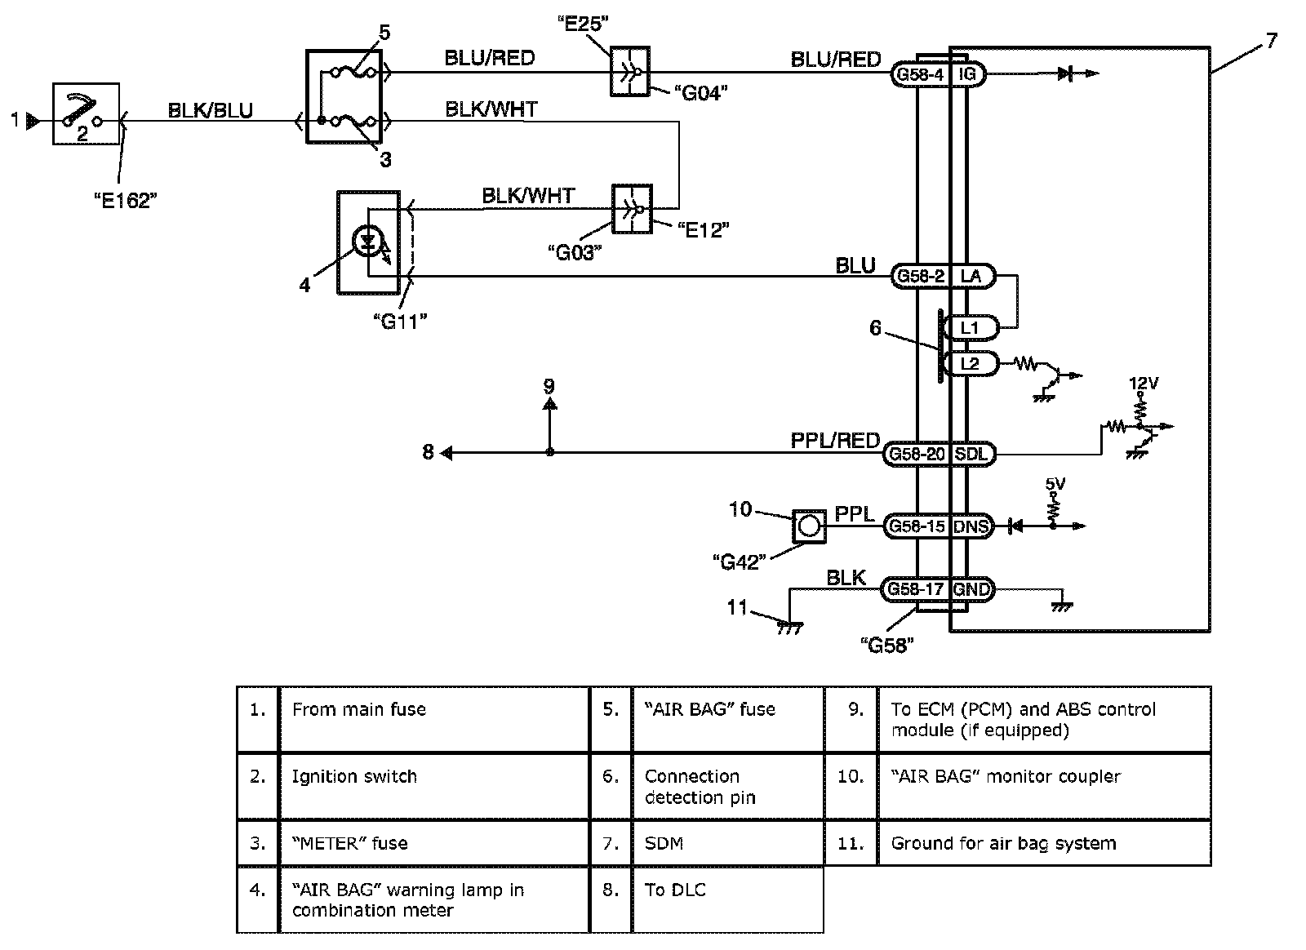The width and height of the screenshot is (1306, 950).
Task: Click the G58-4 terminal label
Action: [920, 75]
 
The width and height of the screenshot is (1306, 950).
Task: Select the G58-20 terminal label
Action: [917, 454]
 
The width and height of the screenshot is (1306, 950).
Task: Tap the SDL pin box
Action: [971, 454]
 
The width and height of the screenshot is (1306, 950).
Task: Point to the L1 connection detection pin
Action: [969, 328]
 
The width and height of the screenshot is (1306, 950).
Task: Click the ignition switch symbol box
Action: [86, 113]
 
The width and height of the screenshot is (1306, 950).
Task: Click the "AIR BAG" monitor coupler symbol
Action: [808, 526]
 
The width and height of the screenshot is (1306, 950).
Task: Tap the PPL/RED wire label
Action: [835, 441]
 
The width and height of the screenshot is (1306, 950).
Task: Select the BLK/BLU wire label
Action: [210, 110]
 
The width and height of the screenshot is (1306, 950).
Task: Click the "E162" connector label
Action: [123, 201]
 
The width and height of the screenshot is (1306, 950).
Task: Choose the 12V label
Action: [1143, 382]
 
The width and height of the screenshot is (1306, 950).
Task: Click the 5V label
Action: [1055, 484]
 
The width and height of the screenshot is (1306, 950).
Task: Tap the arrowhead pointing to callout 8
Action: [446, 453]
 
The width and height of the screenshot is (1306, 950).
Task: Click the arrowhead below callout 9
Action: [549, 403]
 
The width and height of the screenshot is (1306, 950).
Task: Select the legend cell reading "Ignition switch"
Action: [354, 776]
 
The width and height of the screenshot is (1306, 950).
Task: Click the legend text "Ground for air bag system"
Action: [1003, 843]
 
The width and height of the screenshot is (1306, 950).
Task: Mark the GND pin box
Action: [971, 589]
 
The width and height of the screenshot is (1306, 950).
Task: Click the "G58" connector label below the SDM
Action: [887, 645]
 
